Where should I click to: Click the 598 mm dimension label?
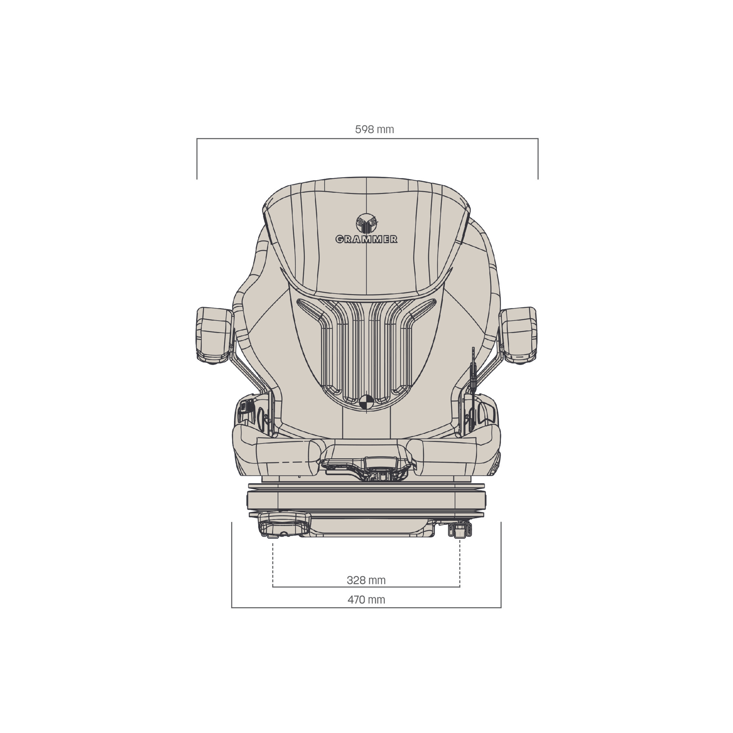point(375,129)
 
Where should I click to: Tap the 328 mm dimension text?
point(366,580)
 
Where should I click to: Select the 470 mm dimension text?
point(366,600)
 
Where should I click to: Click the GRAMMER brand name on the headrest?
point(366,239)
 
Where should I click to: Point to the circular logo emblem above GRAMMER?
point(367,223)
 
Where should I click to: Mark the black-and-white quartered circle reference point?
point(366,402)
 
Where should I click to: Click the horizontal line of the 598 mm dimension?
point(367,138)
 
